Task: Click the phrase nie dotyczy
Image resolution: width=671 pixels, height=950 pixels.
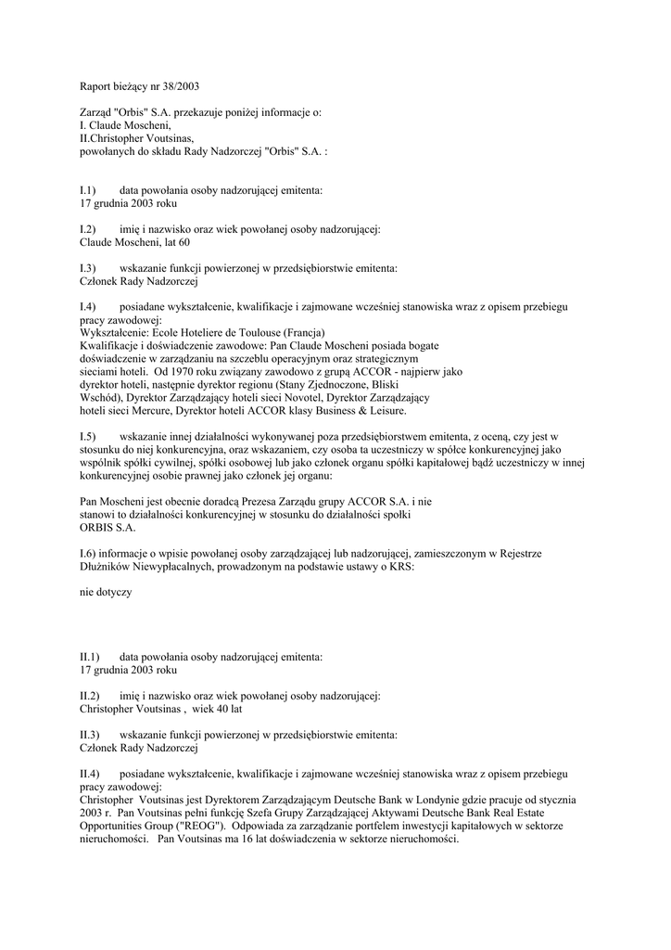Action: pyautogui.click(x=107, y=591)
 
